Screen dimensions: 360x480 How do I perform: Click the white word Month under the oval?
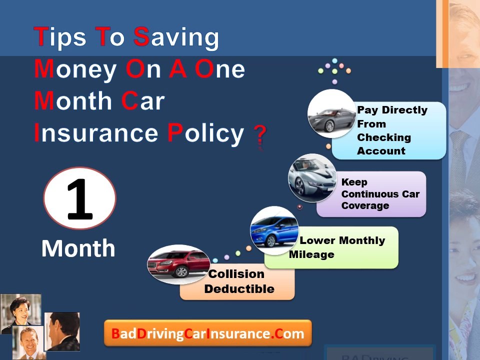(x=78, y=248)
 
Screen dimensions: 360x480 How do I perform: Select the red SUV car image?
(x=178, y=264)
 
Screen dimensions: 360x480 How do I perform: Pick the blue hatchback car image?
(x=274, y=230)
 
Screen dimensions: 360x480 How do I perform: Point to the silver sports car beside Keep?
(x=312, y=178)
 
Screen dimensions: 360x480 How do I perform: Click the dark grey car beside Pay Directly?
(x=331, y=114)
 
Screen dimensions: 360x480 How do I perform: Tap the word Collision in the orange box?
(x=236, y=274)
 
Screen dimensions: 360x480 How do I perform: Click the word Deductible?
(x=239, y=289)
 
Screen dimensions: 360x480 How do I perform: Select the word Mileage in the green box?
(x=311, y=254)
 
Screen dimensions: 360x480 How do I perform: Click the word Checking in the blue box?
(x=383, y=137)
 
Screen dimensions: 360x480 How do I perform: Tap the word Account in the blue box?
(x=381, y=151)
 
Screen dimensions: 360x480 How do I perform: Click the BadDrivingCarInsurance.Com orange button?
(x=207, y=333)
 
